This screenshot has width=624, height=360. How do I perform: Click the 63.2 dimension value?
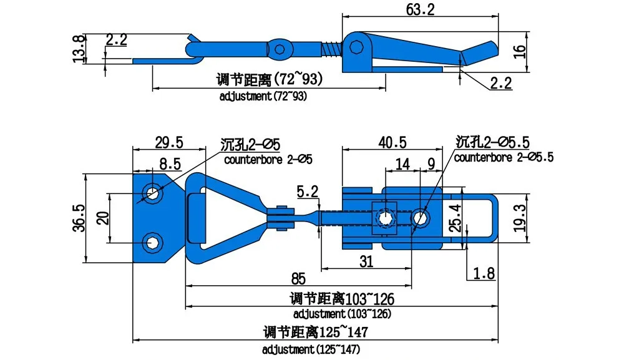[420, 9]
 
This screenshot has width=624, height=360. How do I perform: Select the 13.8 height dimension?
[79, 49]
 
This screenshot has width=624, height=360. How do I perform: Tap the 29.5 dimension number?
[168, 142]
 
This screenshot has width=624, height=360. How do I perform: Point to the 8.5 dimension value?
[170, 164]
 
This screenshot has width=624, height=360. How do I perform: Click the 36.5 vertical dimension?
[79, 218]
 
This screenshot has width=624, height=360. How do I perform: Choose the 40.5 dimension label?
[392, 142]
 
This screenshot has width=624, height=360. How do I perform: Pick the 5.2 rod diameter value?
[308, 192]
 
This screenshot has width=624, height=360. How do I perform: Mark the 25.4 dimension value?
[456, 218]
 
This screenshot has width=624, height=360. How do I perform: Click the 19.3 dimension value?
[520, 218]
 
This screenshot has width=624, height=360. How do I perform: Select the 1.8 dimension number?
[484, 274]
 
